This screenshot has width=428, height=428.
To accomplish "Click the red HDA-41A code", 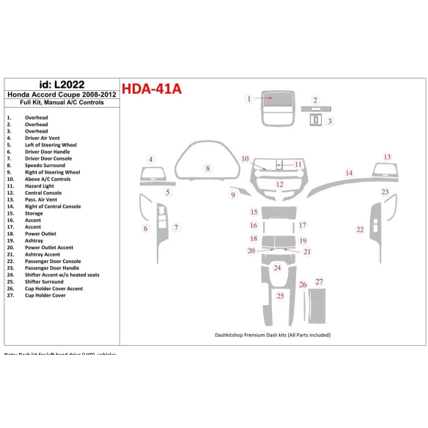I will [x=151, y=89].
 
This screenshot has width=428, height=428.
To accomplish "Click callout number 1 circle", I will [x=249, y=99].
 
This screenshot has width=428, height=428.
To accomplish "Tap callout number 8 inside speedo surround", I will [x=208, y=169].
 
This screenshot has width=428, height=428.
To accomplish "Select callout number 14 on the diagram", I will [x=350, y=173].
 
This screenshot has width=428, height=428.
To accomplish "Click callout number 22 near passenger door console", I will [x=360, y=229].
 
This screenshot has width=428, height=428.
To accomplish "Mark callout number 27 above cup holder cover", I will [x=319, y=281].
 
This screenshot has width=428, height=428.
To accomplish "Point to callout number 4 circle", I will [x=150, y=159].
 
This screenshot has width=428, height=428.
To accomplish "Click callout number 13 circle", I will [x=387, y=157].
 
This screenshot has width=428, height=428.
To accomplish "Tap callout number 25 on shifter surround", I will [x=280, y=296].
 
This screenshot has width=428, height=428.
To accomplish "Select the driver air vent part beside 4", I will [x=152, y=175].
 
